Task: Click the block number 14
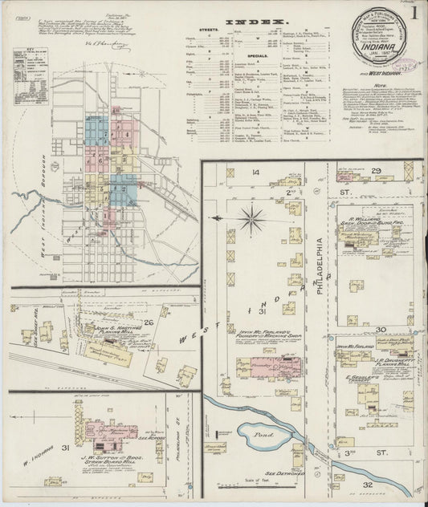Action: [255, 172]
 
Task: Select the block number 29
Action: [376, 172]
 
